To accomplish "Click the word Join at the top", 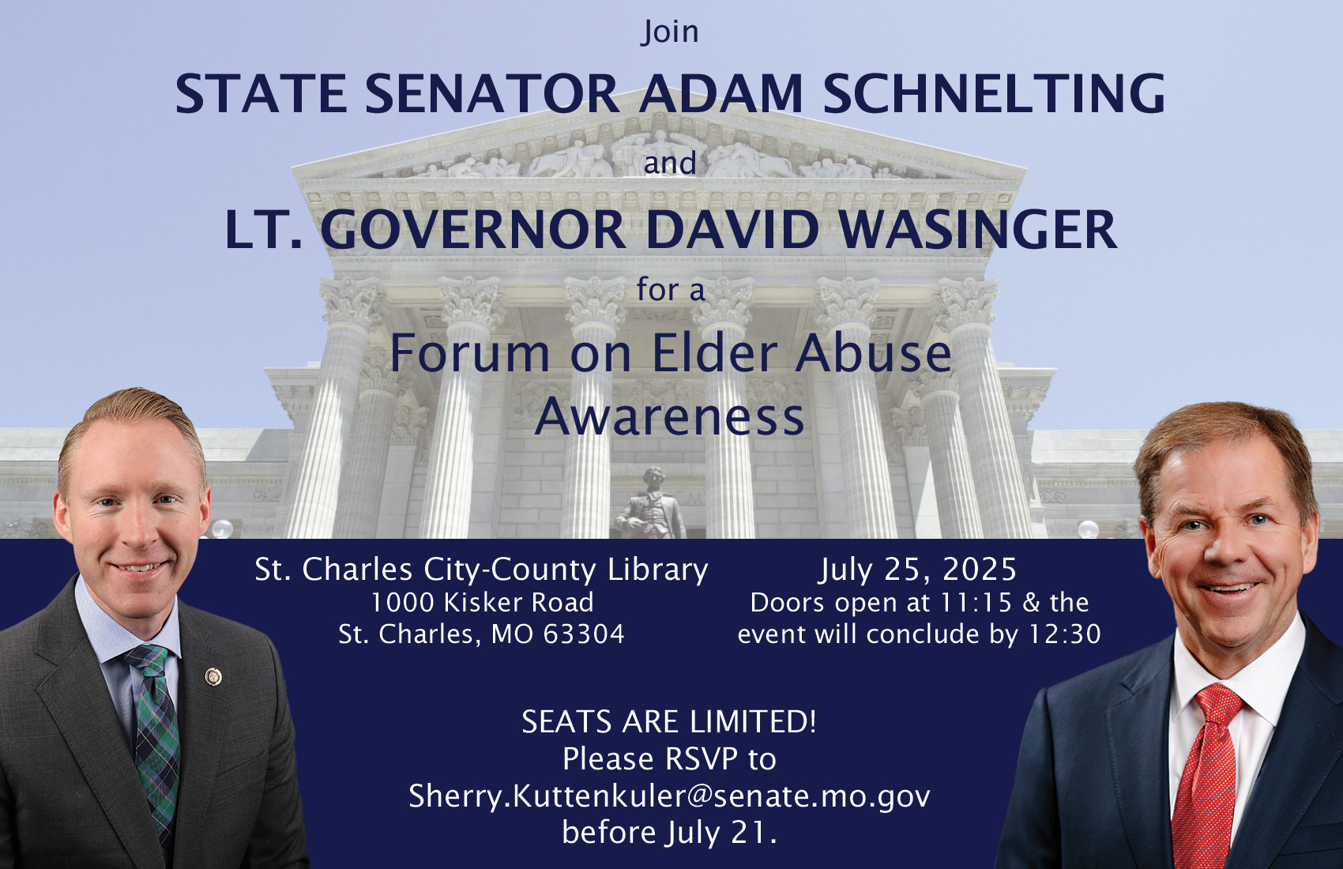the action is point(670,32).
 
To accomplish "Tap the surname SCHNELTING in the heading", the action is point(994,93).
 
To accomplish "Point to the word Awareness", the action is point(669,416).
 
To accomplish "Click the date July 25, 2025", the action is point(919,569).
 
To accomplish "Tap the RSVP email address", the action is point(669,796).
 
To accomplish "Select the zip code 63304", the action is point(583,634).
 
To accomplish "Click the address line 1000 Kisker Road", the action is point(482,602).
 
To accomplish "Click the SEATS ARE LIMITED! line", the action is point(669,721).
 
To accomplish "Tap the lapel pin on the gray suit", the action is point(213,676).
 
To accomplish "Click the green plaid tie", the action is point(154,738).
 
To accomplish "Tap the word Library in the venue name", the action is point(658,570).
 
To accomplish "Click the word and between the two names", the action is point(670,163).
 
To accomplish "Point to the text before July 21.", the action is point(669,833).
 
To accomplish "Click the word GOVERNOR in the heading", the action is point(474,230).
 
